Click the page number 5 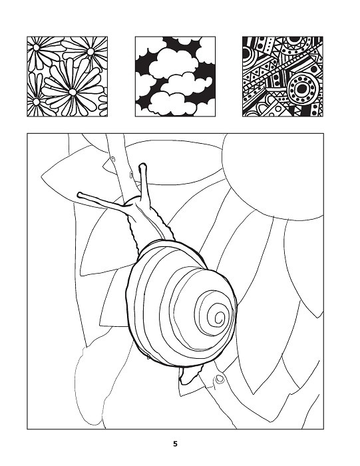[x=175, y=444]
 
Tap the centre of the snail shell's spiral [x=220, y=317]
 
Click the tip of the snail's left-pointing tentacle [x=80, y=194]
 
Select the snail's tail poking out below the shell [x=190, y=375]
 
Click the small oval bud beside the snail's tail [x=220, y=379]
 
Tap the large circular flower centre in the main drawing [x=273, y=177]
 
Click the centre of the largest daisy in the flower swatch [x=72, y=92]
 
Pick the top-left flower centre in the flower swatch [x=36, y=47]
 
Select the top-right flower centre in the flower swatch [x=90, y=51]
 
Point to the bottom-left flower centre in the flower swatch [x=36, y=102]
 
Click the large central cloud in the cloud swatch [x=173, y=63]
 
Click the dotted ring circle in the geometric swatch [x=302, y=89]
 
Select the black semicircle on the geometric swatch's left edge [x=246, y=53]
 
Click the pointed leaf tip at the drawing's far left [x=41, y=178]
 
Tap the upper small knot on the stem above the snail [x=113, y=159]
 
